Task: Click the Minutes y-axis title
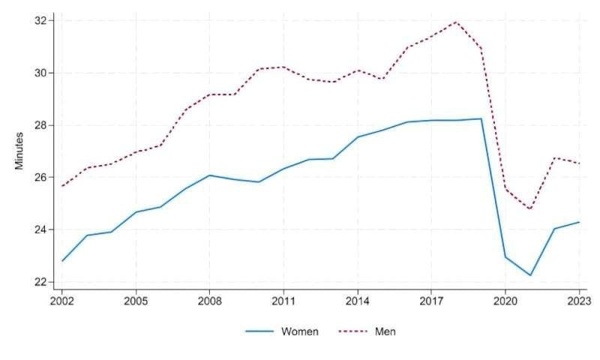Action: pos(20,150)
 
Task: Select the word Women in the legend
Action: pos(299,331)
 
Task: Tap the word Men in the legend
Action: pos(385,331)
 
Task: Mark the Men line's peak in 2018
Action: pos(456,22)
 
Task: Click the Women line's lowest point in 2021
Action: pos(529,275)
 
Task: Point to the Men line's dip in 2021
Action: pos(529,209)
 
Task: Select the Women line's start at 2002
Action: pos(61,261)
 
